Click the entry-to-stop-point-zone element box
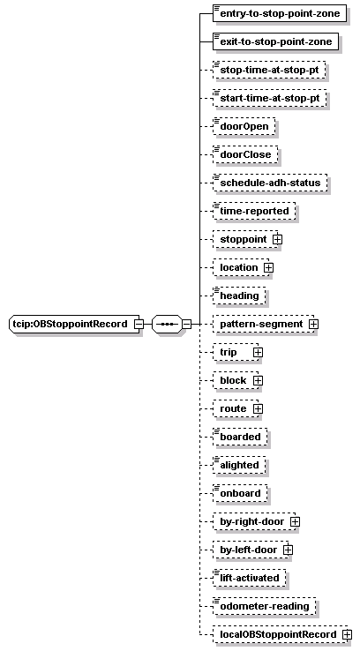click(280, 13)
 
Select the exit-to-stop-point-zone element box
click(275, 41)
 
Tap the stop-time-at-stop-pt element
click(269, 70)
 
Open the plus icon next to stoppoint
click(277, 240)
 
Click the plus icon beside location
click(268, 268)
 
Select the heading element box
click(239, 296)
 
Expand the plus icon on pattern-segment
click(313, 325)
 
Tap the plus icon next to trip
click(258, 353)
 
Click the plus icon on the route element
click(258, 409)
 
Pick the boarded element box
click(240, 437)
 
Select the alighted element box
click(239, 465)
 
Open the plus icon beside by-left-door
click(288, 550)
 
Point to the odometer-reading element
click(264, 606)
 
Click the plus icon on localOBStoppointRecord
click(347, 635)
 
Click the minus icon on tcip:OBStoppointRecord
click(139, 325)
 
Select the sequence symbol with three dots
click(167, 324)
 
